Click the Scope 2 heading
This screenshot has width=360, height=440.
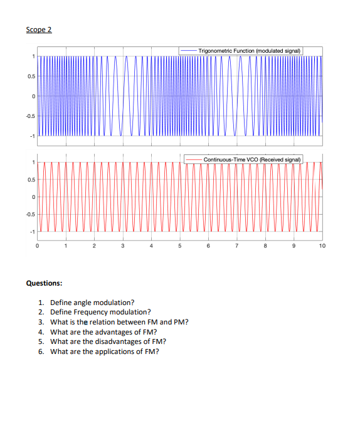tap(39, 30)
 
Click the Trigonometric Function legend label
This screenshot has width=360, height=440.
tap(250, 50)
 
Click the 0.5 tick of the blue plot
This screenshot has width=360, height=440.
tap(29, 77)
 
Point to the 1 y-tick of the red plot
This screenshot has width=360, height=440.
tap(31, 163)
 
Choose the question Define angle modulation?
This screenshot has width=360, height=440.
tap(92, 303)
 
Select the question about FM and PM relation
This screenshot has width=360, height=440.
tap(119, 322)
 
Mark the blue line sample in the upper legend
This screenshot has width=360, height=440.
tap(188, 50)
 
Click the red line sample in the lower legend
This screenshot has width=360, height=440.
tap(193, 159)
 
